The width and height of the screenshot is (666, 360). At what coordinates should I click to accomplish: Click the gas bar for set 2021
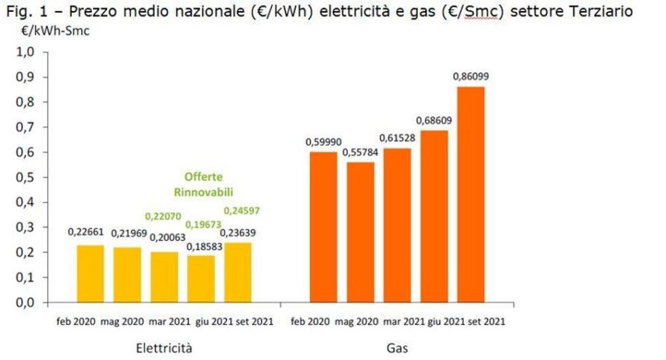pos(471,195)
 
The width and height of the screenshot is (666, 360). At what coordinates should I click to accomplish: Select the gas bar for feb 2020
pos(323,228)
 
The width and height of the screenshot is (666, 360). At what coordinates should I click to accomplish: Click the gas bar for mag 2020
pos(360,233)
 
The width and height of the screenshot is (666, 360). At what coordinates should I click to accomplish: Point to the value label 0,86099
pos(471,76)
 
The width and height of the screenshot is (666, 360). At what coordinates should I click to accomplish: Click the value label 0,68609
pos(434,120)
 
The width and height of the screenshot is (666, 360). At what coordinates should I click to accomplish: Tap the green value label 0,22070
pos(164,216)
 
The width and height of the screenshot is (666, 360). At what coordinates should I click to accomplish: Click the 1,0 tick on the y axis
pos(26,53)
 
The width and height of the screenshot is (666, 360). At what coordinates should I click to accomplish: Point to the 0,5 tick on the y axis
pos(26,178)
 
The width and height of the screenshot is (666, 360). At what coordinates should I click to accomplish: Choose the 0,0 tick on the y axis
pos(26,303)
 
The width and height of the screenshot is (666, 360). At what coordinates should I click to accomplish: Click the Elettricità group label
pos(165,347)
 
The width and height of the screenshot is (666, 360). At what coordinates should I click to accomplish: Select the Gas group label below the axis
pos(397,347)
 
